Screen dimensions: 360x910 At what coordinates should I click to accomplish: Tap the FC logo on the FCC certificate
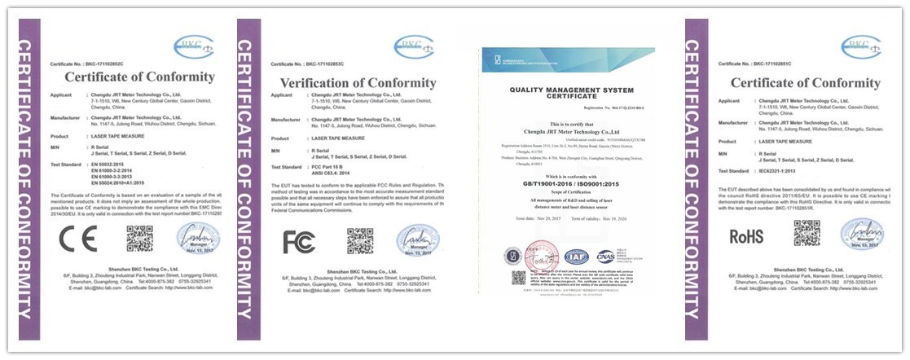point(299,242)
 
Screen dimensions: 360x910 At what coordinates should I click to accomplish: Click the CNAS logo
point(605,257)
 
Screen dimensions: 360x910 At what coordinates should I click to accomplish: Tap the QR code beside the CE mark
point(139,239)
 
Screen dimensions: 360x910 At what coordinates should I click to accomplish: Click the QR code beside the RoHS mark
point(807,234)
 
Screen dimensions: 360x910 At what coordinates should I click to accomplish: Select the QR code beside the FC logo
point(359,241)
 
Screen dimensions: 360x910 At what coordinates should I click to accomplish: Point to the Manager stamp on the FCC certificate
point(417,241)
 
